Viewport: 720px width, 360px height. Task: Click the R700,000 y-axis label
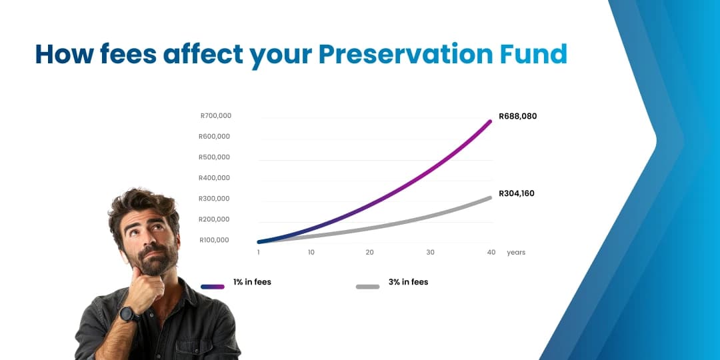tap(215, 116)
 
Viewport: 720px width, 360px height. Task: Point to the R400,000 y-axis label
tap(214, 178)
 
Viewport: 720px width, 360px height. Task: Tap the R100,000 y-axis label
tap(214, 240)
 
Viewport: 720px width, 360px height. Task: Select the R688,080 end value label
tap(517, 116)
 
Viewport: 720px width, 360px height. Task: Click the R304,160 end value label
tap(517, 193)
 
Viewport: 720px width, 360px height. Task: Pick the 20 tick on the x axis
tap(369, 253)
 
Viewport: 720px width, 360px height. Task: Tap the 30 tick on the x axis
tap(431, 253)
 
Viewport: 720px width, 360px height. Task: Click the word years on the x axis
tap(516, 253)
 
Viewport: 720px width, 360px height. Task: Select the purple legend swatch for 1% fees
tap(213, 287)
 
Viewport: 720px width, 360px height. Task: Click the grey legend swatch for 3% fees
tap(367, 287)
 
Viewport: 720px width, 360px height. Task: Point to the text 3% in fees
tap(408, 282)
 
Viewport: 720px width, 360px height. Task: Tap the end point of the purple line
tap(490, 121)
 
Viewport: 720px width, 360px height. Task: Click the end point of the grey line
tap(490, 197)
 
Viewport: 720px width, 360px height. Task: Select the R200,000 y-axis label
tap(214, 219)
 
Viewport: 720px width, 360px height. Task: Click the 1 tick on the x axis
tap(259, 253)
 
